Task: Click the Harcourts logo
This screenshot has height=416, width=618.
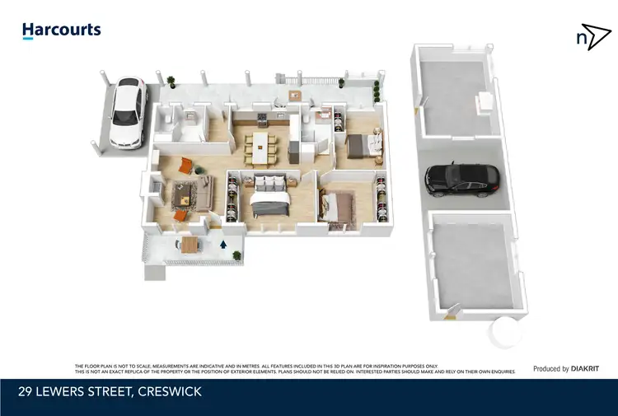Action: point(62,30)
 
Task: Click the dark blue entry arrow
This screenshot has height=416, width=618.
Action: point(225,244)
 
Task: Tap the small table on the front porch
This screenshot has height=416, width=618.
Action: point(190,245)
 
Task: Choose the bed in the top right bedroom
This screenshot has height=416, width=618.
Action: point(363,146)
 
